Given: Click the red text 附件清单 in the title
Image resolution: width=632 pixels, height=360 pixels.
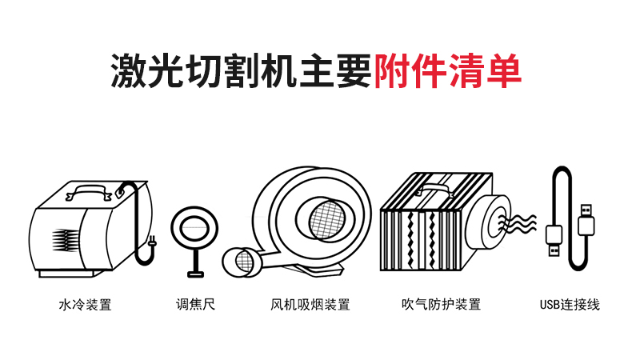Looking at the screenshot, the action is [448, 70].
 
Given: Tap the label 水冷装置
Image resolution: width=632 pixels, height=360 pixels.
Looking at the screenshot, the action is [85, 305].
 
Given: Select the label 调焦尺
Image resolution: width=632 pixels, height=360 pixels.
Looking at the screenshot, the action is [195, 304].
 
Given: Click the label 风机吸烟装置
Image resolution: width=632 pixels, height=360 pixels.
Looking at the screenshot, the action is [310, 304].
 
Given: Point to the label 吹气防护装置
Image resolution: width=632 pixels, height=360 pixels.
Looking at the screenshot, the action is [441, 304].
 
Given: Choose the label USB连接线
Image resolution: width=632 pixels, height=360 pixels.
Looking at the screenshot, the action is [570, 304].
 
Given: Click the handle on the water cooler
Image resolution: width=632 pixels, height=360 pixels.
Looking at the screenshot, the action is [88, 192].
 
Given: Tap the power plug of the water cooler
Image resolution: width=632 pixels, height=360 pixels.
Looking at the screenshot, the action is [151, 242].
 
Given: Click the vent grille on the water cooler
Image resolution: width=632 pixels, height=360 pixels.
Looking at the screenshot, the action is [66, 240].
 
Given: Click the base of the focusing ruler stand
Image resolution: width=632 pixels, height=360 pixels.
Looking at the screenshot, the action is [195, 274].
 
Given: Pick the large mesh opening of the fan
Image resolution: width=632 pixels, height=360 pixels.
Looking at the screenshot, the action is [327, 219].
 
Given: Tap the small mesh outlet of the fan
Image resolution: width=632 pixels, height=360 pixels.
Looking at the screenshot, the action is [244, 262].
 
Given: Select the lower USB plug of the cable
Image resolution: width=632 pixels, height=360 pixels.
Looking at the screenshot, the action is [554, 241].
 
